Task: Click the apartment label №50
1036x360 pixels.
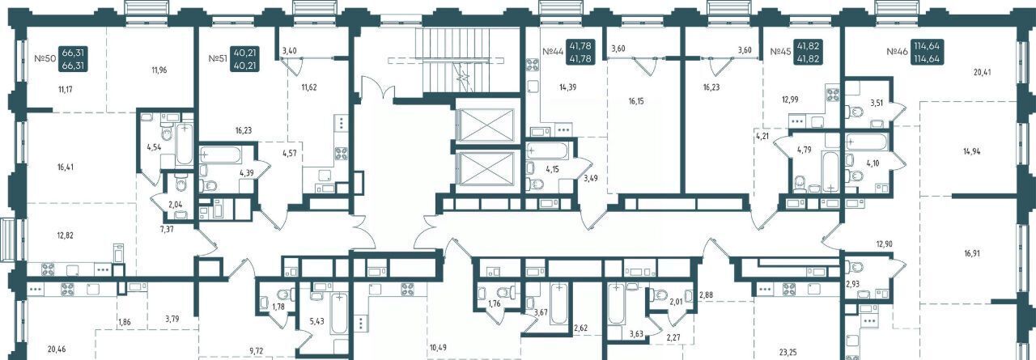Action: (x=45, y=59)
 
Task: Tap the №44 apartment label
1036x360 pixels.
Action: (x=553, y=52)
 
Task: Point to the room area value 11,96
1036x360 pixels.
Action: (x=159, y=70)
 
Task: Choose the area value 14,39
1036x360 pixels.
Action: (x=567, y=87)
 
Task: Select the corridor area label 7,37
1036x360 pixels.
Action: (x=167, y=229)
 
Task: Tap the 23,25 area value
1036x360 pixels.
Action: (x=788, y=352)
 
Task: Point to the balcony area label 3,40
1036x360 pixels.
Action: (x=289, y=51)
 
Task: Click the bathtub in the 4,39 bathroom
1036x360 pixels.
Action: (x=220, y=154)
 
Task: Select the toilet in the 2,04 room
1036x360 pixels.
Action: (x=180, y=184)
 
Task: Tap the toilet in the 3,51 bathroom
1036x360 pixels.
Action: (x=856, y=112)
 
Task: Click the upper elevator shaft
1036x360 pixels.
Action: (x=488, y=125)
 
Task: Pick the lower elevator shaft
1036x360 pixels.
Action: (x=488, y=169)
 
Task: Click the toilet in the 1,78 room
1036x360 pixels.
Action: (x=282, y=294)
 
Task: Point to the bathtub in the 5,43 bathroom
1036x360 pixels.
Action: (x=339, y=313)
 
